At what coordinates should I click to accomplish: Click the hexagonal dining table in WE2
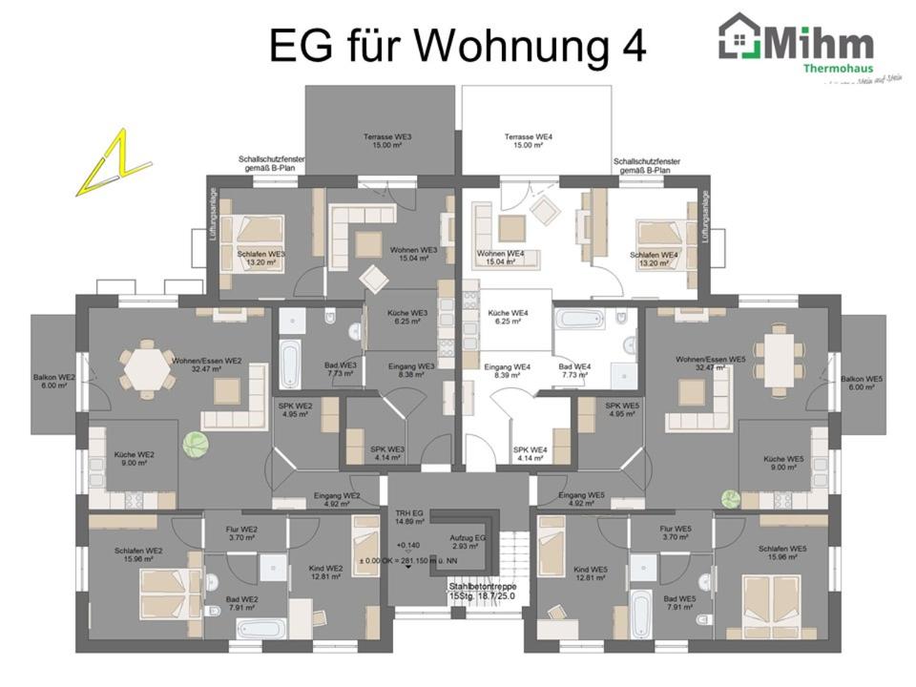tap(145, 367)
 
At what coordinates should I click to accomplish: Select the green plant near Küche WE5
tap(731, 498)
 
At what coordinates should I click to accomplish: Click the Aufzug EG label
tap(468, 543)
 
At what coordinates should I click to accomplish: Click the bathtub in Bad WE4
tap(581, 319)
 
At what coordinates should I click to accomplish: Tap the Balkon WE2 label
tap(54, 382)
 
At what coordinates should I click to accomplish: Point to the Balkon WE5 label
tap(862, 382)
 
